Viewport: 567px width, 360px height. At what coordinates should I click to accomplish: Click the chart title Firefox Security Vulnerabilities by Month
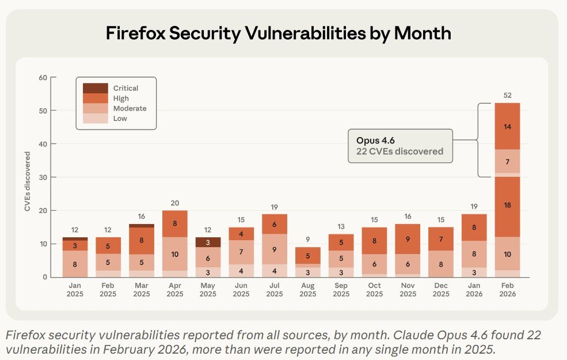(279, 33)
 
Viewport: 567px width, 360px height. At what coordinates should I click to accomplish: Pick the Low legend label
(120, 119)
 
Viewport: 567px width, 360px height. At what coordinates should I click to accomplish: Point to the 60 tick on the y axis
(43, 77)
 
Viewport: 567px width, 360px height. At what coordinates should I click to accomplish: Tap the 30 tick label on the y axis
(43, 177)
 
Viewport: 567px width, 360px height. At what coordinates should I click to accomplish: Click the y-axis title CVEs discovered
(28, 181)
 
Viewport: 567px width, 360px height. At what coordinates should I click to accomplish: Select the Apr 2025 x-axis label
(174, 290)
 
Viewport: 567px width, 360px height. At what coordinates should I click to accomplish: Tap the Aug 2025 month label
(307, 290)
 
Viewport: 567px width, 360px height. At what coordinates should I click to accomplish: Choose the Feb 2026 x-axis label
(507, 290)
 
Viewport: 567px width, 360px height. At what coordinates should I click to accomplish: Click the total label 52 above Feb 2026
(507, 96)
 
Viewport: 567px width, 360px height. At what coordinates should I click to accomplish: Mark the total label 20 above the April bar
(174, 203)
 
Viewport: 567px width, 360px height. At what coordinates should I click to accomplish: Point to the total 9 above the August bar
(307, 240)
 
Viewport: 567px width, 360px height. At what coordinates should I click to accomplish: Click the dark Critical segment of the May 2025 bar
(207, 242)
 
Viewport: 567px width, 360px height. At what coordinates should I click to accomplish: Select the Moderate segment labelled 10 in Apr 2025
(174, 253)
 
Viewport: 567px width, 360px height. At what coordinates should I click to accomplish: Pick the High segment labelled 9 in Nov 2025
(408, 239)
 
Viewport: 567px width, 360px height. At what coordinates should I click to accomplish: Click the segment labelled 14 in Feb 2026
(507, 126)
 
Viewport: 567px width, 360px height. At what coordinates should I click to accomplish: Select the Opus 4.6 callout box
(399, 146)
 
